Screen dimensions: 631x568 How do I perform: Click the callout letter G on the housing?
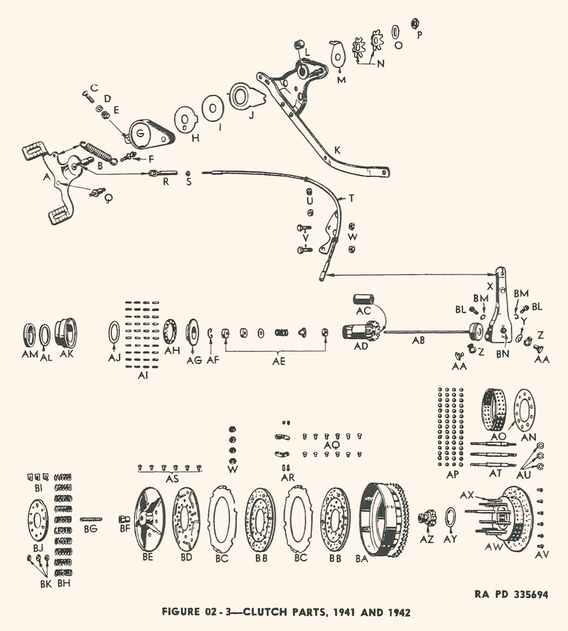(x=139, y=133)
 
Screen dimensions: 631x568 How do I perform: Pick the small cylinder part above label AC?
(x=364, y=300)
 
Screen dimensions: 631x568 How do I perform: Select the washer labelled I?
(x=212, y=108)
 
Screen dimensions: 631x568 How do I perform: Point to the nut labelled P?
(x=415, y=24)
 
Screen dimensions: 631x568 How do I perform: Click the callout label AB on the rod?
(x=419, y=341)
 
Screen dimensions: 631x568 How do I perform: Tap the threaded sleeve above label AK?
(x=66, y=332)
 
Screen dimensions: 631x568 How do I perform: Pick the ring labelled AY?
(x=452, y=518)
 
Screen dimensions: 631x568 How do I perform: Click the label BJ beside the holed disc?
(x=38, y=547)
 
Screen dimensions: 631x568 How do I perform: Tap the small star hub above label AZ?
(x=428, y=519)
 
